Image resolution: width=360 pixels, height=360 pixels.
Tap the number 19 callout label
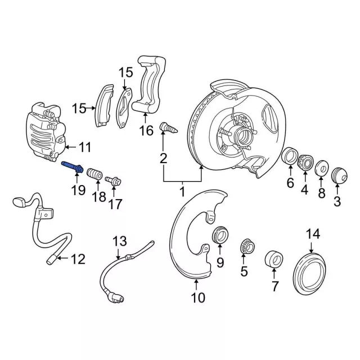78,190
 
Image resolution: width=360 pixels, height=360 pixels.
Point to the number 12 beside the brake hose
78,259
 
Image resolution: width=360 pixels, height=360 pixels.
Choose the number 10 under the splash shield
197,297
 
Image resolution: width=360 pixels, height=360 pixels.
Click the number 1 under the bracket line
182,192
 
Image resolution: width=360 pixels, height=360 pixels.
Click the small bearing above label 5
245,245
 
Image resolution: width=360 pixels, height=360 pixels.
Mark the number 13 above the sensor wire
120,242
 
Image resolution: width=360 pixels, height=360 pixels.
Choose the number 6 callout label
290,183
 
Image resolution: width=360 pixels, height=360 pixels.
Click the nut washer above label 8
321,168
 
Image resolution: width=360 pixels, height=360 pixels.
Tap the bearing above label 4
305,162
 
